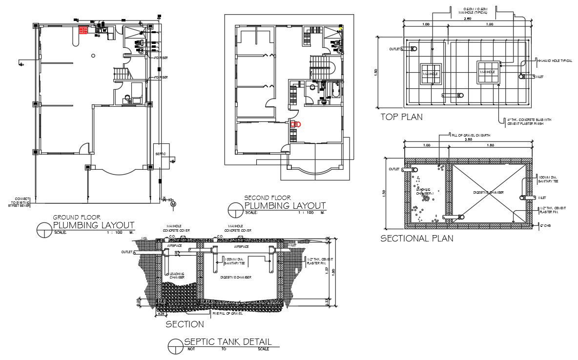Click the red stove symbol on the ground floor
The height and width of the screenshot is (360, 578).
tap(83, 30)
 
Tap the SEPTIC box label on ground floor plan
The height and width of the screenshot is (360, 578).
tap(161, 155)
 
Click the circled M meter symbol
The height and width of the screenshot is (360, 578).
tap(173, 204)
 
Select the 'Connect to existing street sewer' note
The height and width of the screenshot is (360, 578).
tap(19, 202)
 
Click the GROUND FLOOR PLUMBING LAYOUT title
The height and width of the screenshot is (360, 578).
tap(93, 223)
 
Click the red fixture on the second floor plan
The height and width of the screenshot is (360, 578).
tap(295, 124)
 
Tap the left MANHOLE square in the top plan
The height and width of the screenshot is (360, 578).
tap(431, 73)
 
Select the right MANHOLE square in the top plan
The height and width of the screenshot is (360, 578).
tap(487, 72)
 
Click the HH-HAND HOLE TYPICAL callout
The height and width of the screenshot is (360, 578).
tap(554, 61)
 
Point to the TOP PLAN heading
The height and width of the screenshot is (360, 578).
tap(401, 117)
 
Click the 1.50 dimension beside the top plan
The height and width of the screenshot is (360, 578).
tap(376, 72)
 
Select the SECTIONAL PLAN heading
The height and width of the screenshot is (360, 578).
tap(416, 239)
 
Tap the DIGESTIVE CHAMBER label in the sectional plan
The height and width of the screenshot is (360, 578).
tap(489, 193)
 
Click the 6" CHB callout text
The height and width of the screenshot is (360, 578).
tap(545, 225)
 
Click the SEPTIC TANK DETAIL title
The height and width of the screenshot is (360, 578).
tap(227, 342)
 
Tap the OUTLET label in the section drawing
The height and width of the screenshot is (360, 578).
tap(127, 252)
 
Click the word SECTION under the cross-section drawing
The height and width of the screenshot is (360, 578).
tap(185, 324)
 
